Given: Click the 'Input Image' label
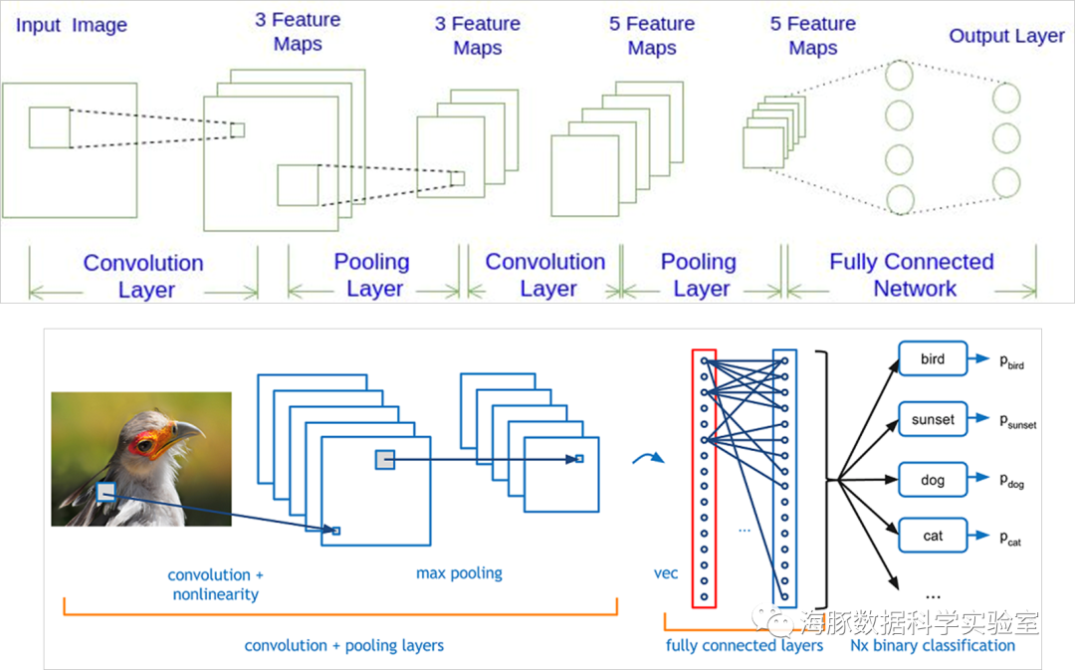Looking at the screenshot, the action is coord(72,25).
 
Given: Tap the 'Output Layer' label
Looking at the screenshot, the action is coord(1006,36).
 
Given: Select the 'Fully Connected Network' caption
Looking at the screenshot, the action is coord(912,275).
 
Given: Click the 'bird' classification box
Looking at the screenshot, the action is coord(933,358).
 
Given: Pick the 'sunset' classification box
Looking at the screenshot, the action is coord(933,419).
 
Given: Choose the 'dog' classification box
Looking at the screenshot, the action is coord(933,480).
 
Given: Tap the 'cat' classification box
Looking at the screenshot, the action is coord(933,536).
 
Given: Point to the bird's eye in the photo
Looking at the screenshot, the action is coord(145,446).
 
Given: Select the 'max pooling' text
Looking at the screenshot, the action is coord(459,573).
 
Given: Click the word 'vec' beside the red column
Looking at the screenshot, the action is coord(666,573).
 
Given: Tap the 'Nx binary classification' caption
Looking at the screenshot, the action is coord(933,645).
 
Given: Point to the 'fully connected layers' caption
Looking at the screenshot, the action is coord(745,645).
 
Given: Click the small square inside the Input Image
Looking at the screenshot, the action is coord(50,127).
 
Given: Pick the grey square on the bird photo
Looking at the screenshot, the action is coord(106,492).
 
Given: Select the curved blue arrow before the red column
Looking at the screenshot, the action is coord(648,458).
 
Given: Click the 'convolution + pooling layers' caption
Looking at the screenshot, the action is coord(344,645).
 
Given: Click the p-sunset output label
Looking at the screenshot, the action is coord(1017,420).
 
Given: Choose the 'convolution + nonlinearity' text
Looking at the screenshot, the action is coord(215,584).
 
